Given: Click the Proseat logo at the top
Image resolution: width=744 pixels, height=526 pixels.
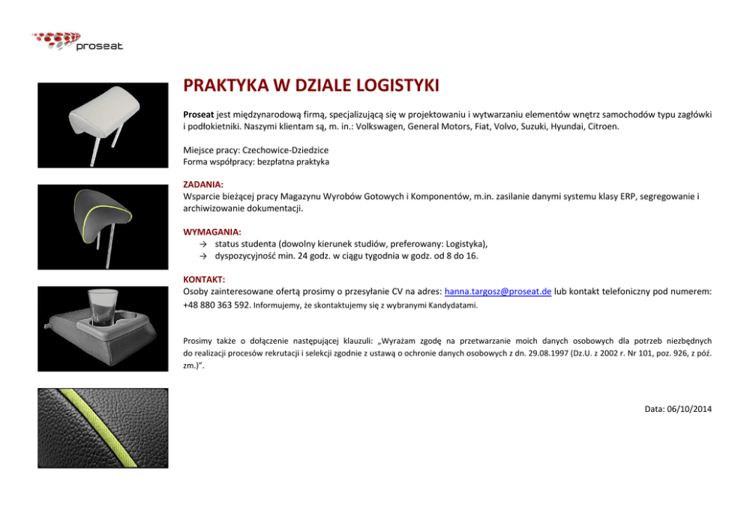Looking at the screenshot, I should (x=78, y=41).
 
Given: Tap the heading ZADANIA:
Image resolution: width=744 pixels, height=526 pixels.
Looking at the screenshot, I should (x=203, y=183).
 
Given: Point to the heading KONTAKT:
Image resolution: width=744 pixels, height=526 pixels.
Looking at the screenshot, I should (x=205, y=279).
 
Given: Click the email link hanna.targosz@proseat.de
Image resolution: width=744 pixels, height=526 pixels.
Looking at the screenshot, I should (x=498, y=291).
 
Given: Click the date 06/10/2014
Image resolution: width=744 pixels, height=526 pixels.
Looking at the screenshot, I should (x=688, y=409).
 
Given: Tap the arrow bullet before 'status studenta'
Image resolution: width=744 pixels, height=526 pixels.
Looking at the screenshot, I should (x=203, y=244).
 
